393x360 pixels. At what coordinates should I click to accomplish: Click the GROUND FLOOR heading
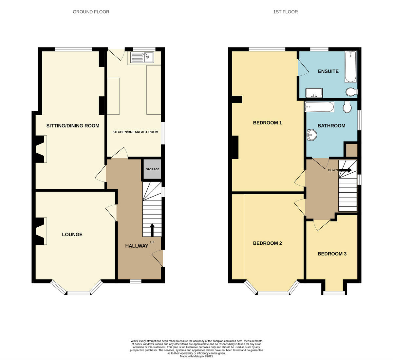(x=91, y=12)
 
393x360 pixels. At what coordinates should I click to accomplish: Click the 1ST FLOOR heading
(x=286, y=12)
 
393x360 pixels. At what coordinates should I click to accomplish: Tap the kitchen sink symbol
(x=142, y=58)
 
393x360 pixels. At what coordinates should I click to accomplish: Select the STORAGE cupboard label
(x=153, y=169)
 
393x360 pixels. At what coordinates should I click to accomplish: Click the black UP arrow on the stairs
(x=152, y=230)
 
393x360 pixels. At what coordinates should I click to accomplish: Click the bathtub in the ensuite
(x=350, y=66)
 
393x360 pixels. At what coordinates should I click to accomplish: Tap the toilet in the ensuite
(x=351, y=92)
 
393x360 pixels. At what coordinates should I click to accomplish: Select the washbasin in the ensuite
(x=314, y=93)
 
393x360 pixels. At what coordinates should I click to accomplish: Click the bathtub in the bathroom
(x=319, y=107)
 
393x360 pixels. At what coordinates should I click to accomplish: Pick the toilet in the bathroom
(x=347, y=106)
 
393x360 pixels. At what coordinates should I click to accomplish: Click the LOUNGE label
(x=72, y=235)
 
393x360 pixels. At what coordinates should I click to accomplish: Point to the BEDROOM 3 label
(x=332, y=254)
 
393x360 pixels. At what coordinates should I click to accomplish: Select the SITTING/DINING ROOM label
(x=73, y=126)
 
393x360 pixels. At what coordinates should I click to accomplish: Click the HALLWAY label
(x=137, y=246)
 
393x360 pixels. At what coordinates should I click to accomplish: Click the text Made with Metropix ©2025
(x=196, y=356)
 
